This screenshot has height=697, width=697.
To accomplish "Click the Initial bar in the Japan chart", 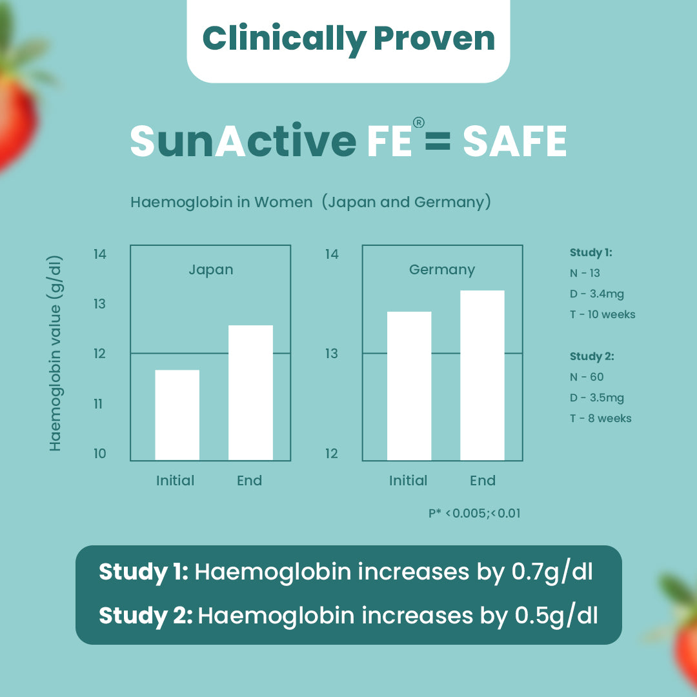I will tap(177, 414).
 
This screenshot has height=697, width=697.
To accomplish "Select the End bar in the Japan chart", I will tap(250, 392).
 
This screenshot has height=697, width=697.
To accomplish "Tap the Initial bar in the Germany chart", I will tap(409, 385).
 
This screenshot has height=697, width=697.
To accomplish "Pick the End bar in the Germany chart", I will tap(482, 375).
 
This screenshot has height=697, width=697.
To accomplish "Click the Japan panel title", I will tap(210, 269).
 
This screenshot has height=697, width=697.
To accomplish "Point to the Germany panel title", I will tap(442, 269).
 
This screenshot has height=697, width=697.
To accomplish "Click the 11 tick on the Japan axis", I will tap(99, 404).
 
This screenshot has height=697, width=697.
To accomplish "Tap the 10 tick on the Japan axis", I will tap(99, 453).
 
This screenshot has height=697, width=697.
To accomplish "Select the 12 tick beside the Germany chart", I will tap(331, 453).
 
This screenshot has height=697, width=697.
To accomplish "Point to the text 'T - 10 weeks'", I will tap(602, 314).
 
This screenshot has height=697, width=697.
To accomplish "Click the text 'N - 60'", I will tap(587, 377).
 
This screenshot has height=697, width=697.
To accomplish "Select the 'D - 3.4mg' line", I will tap(596, 294).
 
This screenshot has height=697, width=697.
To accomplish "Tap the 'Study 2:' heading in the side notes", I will tap(592, 356).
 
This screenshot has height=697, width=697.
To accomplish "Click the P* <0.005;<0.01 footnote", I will tap(474, 514).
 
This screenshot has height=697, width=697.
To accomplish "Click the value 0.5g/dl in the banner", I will tap(556, 615).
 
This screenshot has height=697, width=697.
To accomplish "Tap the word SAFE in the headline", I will tap(514, 141).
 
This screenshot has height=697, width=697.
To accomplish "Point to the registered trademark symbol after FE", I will tap(418, 123).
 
